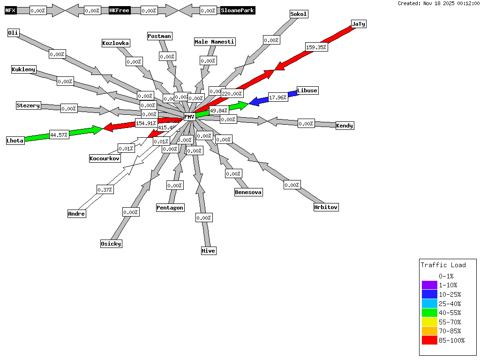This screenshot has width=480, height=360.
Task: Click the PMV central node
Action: [x=189, y=117]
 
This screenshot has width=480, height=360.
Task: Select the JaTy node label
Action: [x=359, y=24]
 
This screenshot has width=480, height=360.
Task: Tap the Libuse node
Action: [x=307, y=90]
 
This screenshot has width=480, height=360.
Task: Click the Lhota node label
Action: [x=15, y=141]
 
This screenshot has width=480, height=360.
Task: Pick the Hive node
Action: [x=209, y=251]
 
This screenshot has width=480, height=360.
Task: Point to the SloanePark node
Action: [x=238, y=10]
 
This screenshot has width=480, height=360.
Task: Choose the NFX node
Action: [x=10, y=10]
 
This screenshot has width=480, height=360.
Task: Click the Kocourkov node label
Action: [x=105, y=158]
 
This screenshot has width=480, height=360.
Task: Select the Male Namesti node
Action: [x=215, y=42]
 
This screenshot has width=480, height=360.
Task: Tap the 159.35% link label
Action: [x=316, y=47]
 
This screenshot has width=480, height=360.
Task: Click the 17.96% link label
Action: [x=278, y=97]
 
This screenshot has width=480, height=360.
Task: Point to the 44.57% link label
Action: [x=59, y=135]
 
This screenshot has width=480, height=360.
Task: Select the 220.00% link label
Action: [x=232, y=94]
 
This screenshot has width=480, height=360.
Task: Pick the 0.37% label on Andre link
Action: [x=105, y=190]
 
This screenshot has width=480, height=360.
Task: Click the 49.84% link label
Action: [x=219, y=111]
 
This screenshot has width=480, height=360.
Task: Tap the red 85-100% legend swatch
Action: [x=429, y=340]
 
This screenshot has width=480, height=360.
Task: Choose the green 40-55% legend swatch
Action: [x=429, y=313]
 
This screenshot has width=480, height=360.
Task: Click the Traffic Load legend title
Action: [x=443, y=265]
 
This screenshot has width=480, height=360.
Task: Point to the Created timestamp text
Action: [x=438, y=3]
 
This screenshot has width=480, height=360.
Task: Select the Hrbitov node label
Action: [x=326, y=207]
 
